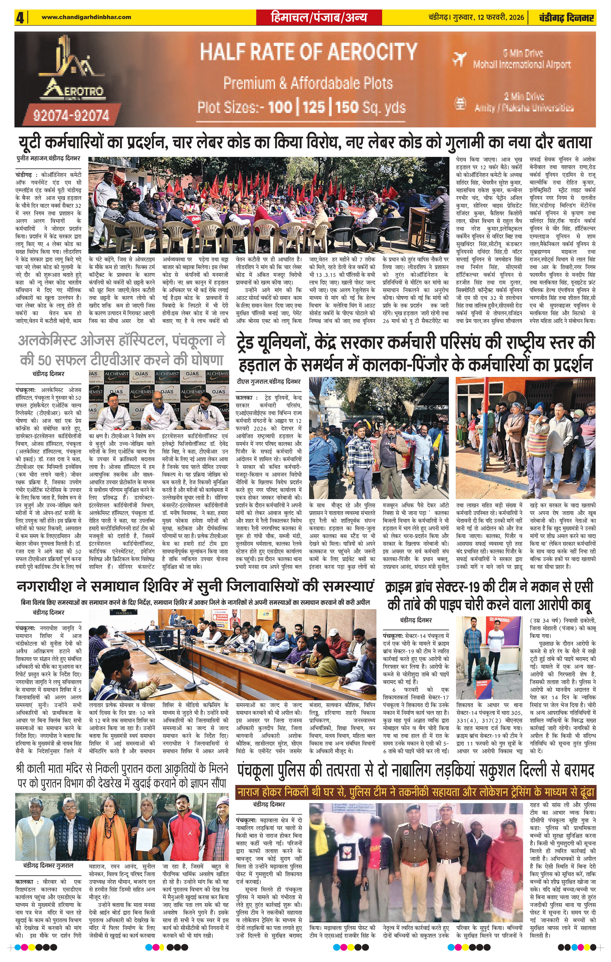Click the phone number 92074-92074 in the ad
[71, 116]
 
